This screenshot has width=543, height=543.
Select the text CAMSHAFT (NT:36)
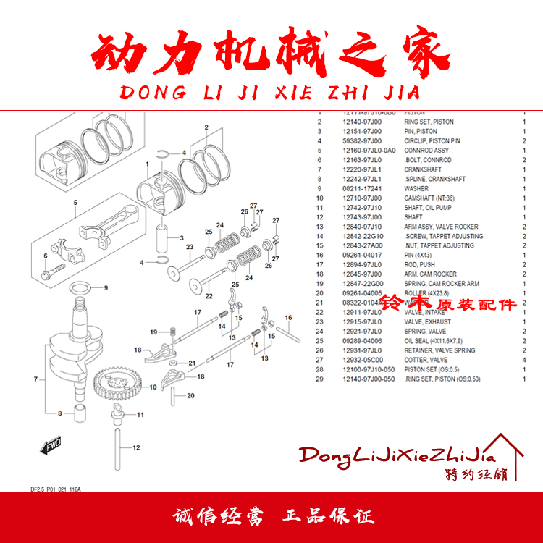point(431,198)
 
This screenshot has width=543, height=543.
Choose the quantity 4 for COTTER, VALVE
point(523,360)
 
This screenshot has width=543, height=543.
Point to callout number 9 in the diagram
point(105,288)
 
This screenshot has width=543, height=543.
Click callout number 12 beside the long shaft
point(135,448)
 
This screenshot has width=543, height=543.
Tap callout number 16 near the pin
point(287,318)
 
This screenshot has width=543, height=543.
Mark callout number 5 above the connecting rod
point(74,203)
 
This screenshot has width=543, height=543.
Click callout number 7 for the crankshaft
point(34,379)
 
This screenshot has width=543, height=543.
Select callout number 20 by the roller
point(190,396)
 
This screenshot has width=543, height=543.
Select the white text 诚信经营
point(219,517)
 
